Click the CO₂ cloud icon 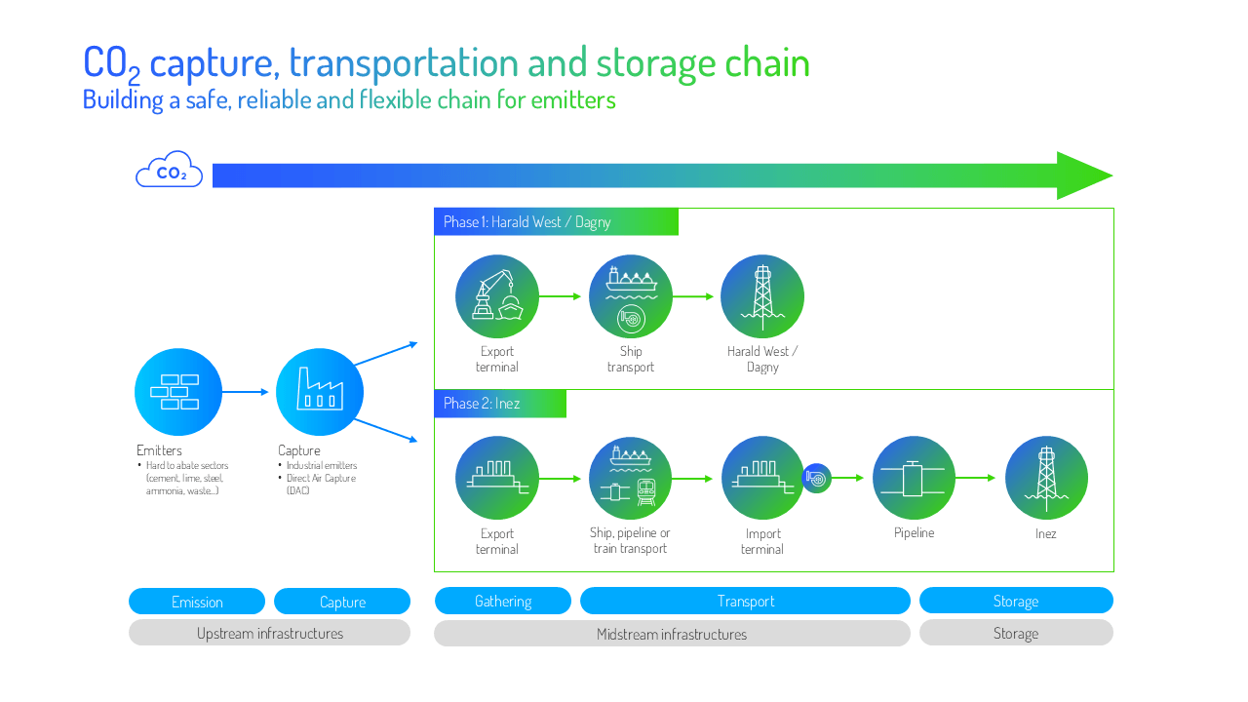170,171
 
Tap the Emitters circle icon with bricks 178,392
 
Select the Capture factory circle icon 320,392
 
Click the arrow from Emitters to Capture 245,392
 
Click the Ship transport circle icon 631,296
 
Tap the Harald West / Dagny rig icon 762,296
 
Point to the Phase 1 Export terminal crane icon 497,296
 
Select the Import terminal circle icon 762,478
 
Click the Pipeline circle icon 914,478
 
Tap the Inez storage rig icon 1046,478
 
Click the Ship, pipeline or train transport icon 631,478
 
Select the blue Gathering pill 503,602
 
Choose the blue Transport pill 745,602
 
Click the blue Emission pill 197,602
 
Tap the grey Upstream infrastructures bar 269,633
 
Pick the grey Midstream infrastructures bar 672,634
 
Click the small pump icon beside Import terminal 817,478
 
